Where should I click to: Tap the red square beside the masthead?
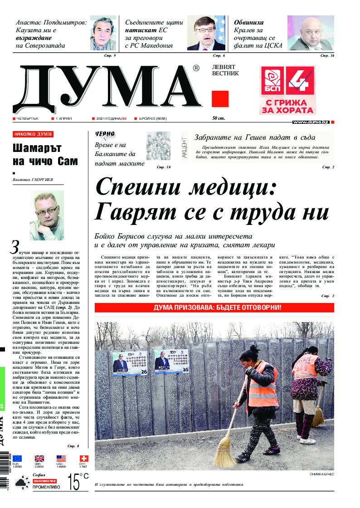tap(220, 98)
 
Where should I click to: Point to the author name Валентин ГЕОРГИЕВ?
tap(33, 180)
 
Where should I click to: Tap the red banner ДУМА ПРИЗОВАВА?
tap(214, 308)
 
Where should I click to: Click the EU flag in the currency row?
tap(17, 459)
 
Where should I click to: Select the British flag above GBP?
tap(39, 459)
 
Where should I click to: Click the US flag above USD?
tap(61, 459)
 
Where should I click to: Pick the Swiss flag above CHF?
tap(84, 459)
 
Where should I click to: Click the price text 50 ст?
tap(218, 118)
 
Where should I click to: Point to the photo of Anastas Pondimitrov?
tap(103, 33)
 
